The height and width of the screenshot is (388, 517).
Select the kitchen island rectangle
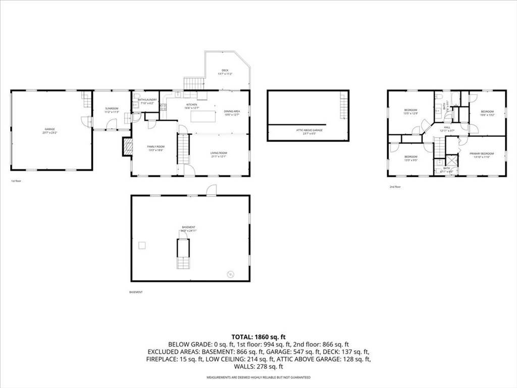pyautogui.click(x=203, y=117)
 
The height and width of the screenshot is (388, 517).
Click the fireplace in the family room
pyautogui.click(x=126, y=147)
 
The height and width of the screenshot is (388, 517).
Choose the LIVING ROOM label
pyautogui.click(x=219, y=154)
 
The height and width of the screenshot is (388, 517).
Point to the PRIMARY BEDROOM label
pyautogui.click(x=480, y=155)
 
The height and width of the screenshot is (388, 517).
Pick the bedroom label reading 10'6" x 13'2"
pyautogui.click(x=487, y=113)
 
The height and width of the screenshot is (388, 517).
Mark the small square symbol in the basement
pyautogui.click(x=142, y=245)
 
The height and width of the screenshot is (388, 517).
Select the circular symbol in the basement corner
pyautogui.click(x=230, y=274)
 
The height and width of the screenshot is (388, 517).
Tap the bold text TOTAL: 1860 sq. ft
pyautogui.click(x=258, y=336)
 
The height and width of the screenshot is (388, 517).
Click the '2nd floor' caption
pyautogui.click(x=395, y=187)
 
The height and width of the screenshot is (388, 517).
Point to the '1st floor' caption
pyautogui.click(x=16, y=181)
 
